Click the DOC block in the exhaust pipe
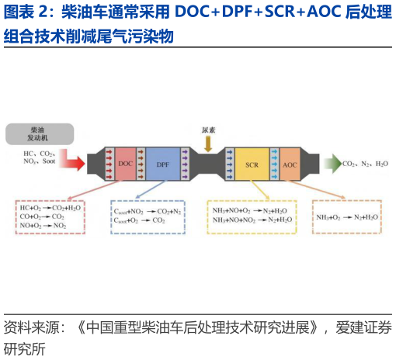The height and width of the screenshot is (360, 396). (x=126, y=164)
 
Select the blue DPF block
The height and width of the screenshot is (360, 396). (x=162, y=164)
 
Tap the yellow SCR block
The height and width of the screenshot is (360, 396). (x=252, y=164)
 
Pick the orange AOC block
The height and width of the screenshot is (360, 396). (x=289, y=164)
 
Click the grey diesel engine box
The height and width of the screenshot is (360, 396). (x=39, y=133)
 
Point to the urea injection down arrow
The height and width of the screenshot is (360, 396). (x=207, y=144)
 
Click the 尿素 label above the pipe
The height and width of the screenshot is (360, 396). (x=207, y=130)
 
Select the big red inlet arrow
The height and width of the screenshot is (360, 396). (x=75, y=162)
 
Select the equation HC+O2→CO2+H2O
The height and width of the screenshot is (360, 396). (x=49, y=208)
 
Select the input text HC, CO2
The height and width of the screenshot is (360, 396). (x=38, y=154)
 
